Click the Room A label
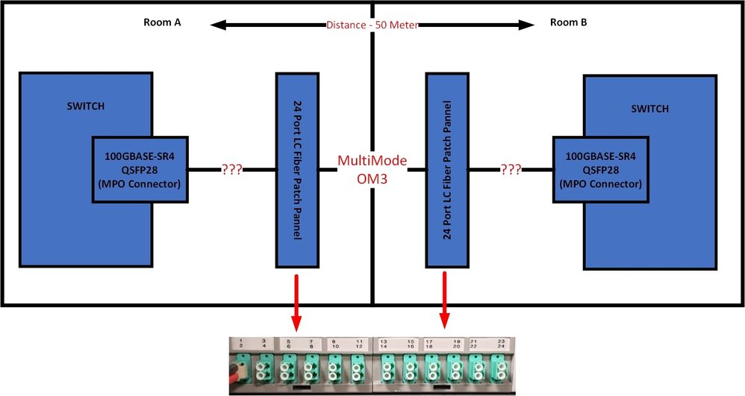click(x=162, y=22)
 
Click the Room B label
click(x=568, y=22)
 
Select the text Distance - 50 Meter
click(x=371, y=24)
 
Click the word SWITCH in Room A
click(x=85, y=106)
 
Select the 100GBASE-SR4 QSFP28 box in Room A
click(x=140, y=170)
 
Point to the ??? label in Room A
click(x=232, y=170)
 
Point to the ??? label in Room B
click(x=511, y=170)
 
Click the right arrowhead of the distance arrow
click(x=529, y=24)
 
